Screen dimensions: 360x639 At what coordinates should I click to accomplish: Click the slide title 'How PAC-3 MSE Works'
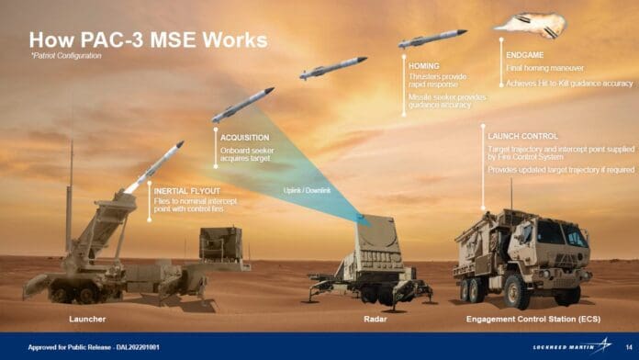tap(148, 40)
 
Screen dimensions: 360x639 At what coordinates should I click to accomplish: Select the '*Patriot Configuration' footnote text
tap(66, 57)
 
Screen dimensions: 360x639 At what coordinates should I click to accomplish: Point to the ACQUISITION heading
tap(245, 137)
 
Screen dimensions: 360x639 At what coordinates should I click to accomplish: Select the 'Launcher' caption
tap(88, 319)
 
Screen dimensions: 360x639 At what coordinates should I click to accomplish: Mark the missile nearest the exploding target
tap(432, 39)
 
